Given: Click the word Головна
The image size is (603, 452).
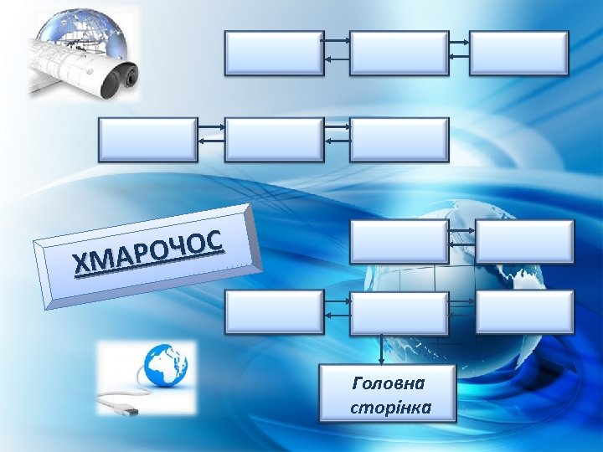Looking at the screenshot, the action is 389,383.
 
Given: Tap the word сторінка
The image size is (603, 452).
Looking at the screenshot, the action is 389,408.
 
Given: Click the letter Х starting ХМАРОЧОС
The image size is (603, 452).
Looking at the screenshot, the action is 81,265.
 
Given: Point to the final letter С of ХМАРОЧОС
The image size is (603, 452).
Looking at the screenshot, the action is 213,241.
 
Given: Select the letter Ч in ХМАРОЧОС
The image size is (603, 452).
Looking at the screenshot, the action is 177,248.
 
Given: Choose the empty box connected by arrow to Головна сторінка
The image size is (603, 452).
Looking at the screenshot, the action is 399,312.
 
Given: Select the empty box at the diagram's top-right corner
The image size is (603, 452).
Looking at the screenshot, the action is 518,54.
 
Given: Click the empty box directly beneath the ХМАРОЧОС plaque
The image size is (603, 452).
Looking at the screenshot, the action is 274,312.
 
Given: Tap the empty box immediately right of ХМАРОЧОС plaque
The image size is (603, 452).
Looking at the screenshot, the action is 399,242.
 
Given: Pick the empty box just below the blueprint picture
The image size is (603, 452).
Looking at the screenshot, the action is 147,139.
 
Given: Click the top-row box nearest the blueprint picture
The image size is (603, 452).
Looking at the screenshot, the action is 274,54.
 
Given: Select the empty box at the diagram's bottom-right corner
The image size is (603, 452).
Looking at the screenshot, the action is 524,312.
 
